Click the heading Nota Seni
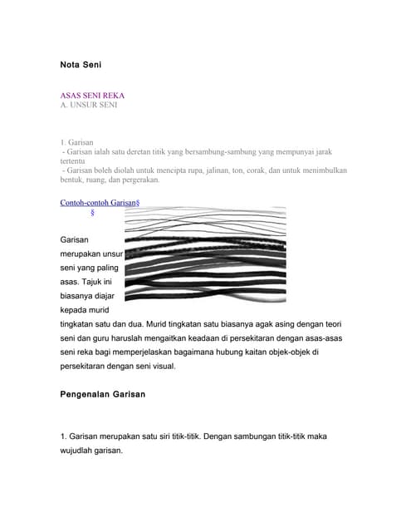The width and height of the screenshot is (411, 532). pos(81,64)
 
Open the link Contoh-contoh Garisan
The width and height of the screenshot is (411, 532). pos(98,202)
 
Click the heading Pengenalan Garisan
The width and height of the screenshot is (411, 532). pos(103,394)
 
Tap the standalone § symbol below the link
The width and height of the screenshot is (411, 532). pos(92,214)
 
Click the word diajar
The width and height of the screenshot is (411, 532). pos(111,295)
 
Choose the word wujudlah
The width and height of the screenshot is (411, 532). pos(81,451)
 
